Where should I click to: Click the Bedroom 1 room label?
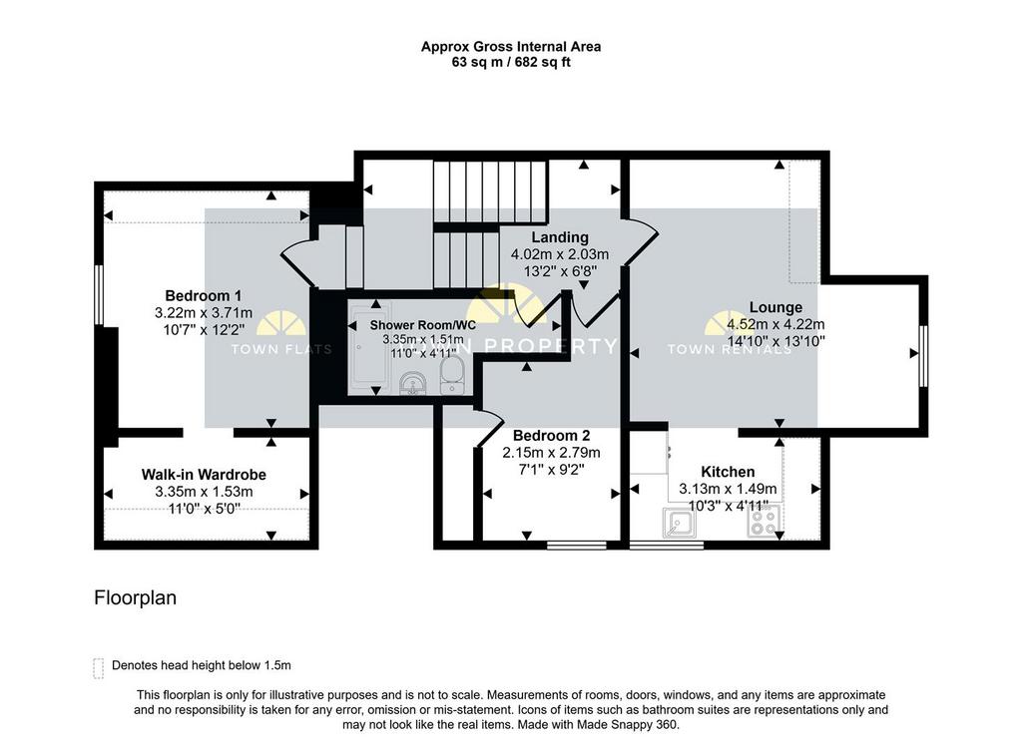pyautogui.click(x=203, y=295)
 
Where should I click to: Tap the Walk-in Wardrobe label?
pyautogui.click(x=204, y=475)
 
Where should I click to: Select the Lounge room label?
pyautogui.click(x=775, y=307)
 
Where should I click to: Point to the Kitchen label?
pyautogui.click(x=728, y=472)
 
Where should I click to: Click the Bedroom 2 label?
pyautogui.click(x=551, y=436)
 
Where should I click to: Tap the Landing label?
pyautogui.click(x=560, y=237)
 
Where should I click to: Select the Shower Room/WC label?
pyautogui.click(x=423, y=325)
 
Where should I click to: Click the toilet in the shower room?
pyautogui.click(x=452, y=376)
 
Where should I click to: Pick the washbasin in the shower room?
pyautogui.click(x=411, y=383)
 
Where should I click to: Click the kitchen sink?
pyautogui.click(x=679, y=523)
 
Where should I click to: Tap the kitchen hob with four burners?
pyautogui.click(x=764, y=521)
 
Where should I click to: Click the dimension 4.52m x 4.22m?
pyautogui.click(x=775, y=324)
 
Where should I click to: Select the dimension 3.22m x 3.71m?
pyautogui.click(x=204, y=312)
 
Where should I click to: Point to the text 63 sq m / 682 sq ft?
pyautogui.click(x=511, y=63)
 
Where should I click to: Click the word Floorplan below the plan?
pyautogui.click(x=135, y=598)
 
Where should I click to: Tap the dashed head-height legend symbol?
pyautogui.click(x=99, y=668)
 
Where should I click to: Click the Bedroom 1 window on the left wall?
pyautogui.click(x=99, y=294)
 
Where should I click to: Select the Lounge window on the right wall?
pyautogui.click(x=923, y=356)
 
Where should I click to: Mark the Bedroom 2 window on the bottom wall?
pyautogui.click(x=577, y=545)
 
